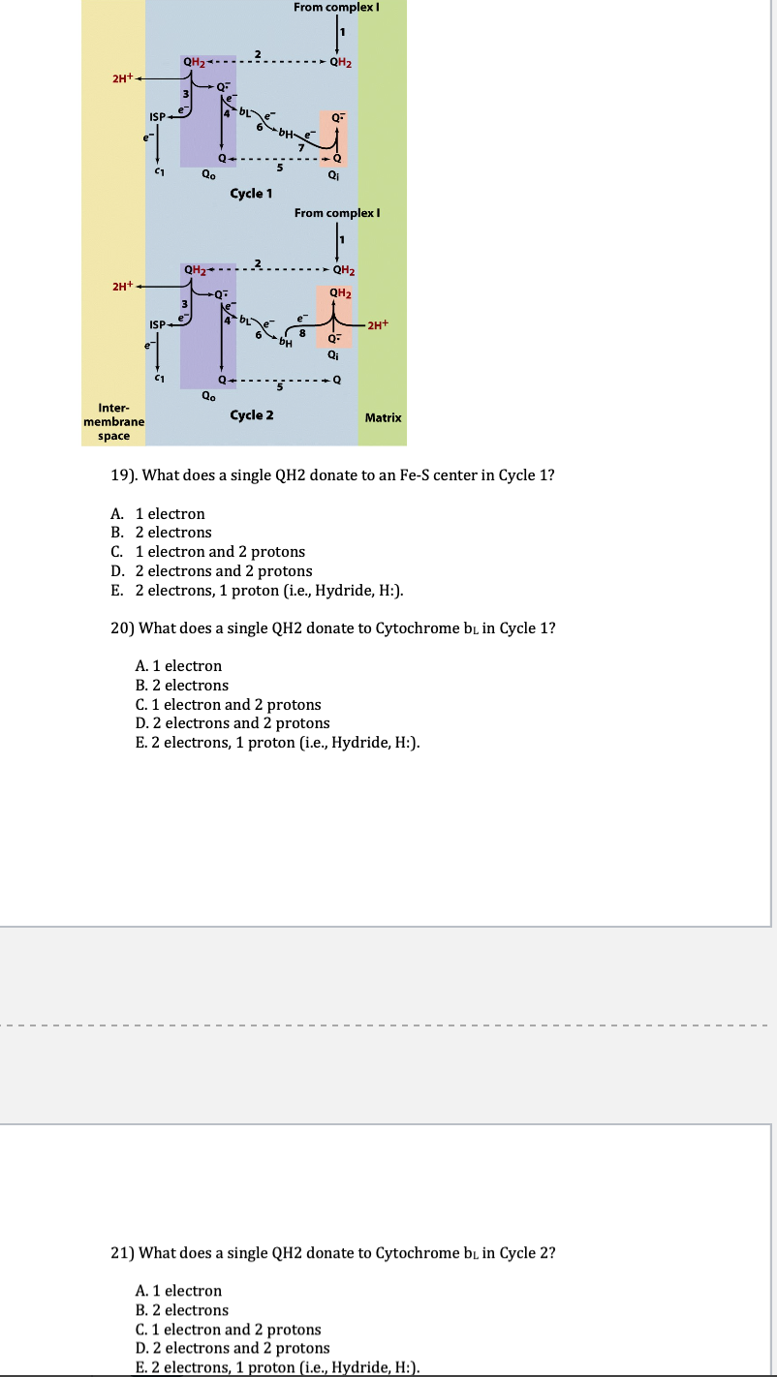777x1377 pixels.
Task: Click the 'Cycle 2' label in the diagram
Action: coord(252,415)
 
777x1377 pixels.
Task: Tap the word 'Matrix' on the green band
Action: coord(383,417)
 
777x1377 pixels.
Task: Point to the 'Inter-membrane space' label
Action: coord(113,422)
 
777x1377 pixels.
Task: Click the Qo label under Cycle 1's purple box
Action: coord(208,175)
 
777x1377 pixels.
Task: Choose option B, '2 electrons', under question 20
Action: coord(182,685)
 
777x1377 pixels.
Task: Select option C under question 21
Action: coord(229,1330)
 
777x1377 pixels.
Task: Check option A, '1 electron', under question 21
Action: coord(179,1291)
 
